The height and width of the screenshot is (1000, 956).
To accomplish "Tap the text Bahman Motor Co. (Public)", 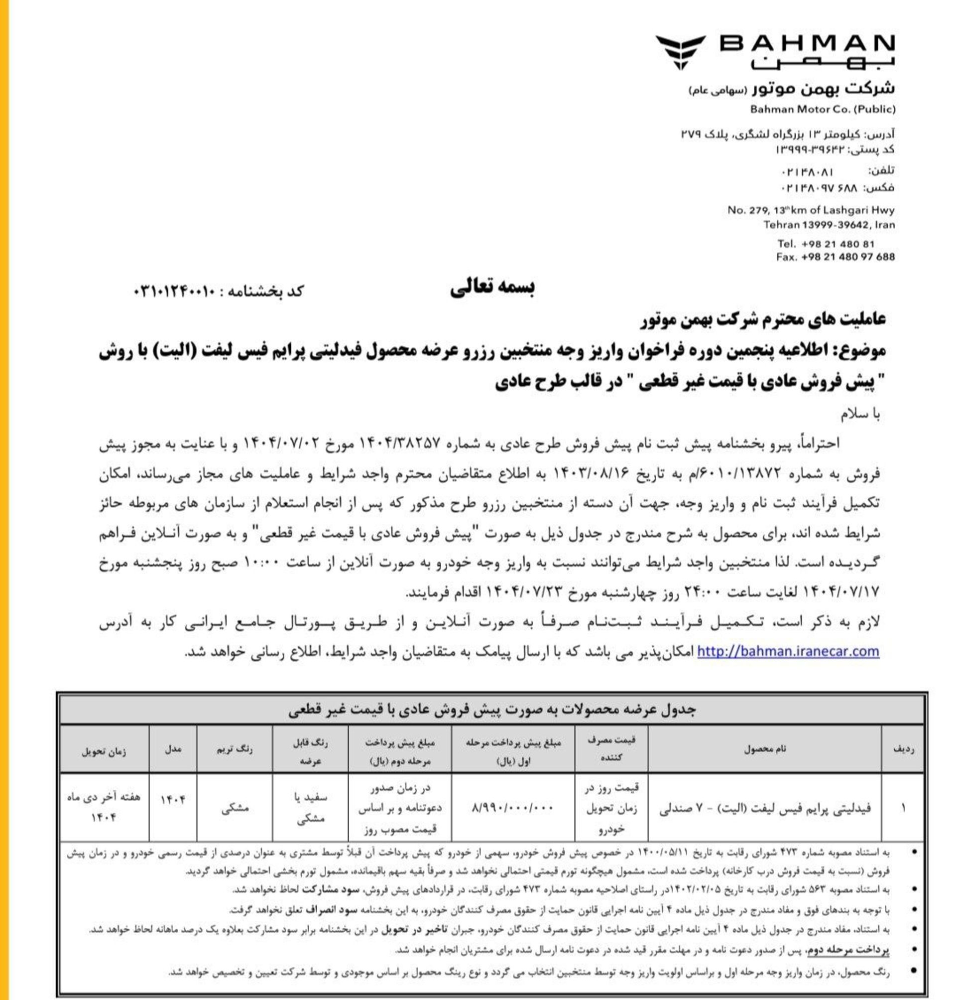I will [x=823, y=109].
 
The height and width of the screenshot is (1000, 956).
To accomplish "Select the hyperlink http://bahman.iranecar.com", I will [x=788, y=651].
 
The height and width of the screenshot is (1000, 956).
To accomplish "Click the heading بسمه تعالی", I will [x=492, y=288].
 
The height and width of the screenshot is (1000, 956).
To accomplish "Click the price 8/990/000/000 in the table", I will [x=513, y=808].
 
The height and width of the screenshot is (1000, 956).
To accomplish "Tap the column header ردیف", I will [x=904, y=749].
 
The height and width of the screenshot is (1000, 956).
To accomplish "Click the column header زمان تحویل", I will [x=104, y=751].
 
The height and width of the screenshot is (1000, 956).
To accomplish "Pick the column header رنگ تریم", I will [x=235, y=749].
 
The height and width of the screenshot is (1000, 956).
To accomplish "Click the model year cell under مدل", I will [x=173, y=799].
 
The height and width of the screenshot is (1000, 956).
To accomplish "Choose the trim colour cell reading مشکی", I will [x=235, y=808].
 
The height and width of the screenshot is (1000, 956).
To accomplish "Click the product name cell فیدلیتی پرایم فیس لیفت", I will [x=765, y=808].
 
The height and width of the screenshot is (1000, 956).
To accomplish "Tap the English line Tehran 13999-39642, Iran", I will [x=829, y=225].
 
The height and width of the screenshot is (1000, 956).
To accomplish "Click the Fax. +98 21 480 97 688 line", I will [x=835, y=257].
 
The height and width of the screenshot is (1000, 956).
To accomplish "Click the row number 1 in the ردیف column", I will [x=904, y=808].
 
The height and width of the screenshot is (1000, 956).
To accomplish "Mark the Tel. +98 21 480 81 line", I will [x=826, y=244].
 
